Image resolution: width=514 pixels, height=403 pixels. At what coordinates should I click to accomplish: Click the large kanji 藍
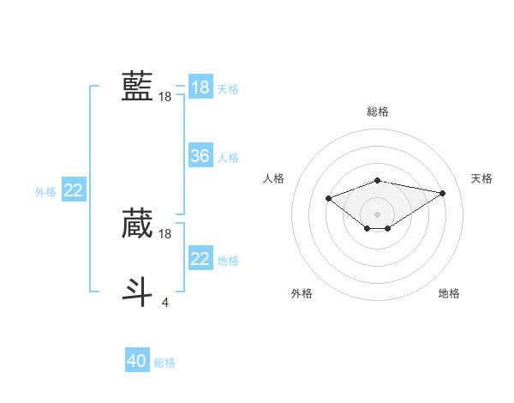coord(137,87)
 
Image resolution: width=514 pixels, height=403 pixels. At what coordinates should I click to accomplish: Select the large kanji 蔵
coord(137,223)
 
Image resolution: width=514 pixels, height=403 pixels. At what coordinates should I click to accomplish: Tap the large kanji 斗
coord(137,291)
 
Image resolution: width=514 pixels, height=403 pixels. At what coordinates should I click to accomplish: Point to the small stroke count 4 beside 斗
coord(165,302)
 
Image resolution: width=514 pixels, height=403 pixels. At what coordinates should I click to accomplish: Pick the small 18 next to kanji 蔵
coord(165,233)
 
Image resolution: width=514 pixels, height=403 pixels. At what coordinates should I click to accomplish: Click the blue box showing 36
coord(200,156)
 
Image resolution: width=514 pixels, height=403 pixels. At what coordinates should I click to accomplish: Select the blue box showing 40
coord(137,361)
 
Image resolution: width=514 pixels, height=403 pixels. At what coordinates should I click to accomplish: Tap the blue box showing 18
coord(200,87)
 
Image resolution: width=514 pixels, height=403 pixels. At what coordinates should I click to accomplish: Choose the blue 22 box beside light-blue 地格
coord(200,258)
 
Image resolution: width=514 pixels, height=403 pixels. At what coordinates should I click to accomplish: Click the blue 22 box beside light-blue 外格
coord(74,190)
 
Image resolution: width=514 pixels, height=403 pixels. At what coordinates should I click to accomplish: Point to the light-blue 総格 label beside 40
coord(164,363)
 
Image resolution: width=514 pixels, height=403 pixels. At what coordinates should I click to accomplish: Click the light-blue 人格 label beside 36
coord(228,158)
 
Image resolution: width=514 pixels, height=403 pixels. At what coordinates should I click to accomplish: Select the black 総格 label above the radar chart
coord(377,111)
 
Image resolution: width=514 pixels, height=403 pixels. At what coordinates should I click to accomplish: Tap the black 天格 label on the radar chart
coord(481,178)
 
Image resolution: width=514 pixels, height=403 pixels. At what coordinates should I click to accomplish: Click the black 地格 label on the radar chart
coord(449,293)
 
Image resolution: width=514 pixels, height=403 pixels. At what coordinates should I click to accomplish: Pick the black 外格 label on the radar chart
coord(302,293)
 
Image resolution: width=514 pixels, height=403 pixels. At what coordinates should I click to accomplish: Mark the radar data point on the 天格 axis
coord(442,192)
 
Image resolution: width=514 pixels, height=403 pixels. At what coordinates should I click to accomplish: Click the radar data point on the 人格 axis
coord(328,199)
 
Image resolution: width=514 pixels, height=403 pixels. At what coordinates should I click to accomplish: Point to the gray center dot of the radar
coord(377,214)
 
